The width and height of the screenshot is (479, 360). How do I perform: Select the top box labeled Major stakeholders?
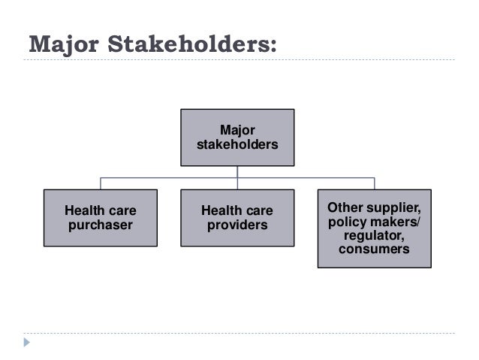click(x=236, y=137)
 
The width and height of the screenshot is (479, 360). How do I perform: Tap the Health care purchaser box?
click(x=100, y=217)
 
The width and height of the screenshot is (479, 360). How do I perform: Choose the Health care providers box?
click(x=236, y=217)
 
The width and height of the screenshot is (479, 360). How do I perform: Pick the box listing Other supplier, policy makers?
click(x=374, y=228)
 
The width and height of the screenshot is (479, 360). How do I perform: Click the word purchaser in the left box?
click(x=100, y=225)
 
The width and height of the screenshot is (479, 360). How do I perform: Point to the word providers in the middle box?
click(x=236, y=225)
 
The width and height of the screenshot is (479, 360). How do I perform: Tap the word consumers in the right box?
click(x=374, y=250)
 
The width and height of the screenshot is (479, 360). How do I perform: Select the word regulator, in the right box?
click(x=374, y=236)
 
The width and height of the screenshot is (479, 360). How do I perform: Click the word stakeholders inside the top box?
click(x=236, y=144)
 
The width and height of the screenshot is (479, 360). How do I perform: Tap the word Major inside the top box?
click(x=236, y=130)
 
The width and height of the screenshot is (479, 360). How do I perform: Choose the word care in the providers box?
click(x=258, y=210)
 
